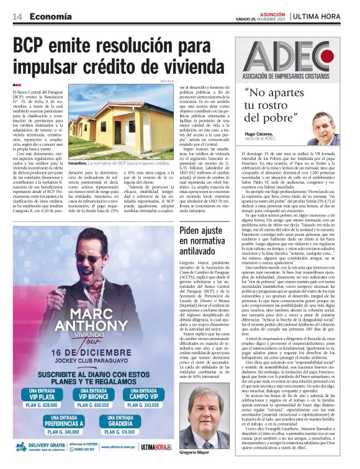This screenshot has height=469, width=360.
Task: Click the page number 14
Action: point(17,16)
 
